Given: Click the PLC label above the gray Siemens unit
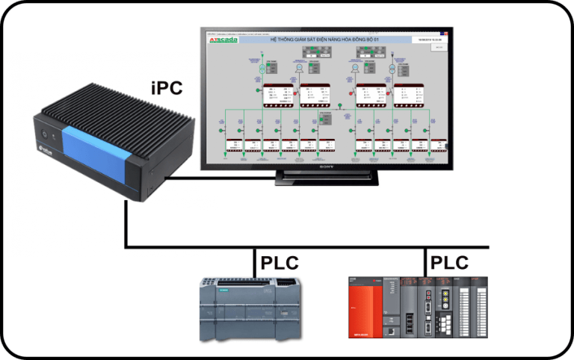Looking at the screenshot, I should tap(280, 263).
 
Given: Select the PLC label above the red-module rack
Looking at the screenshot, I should tap(449, 263).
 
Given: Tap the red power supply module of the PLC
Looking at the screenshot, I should tap(365, 308).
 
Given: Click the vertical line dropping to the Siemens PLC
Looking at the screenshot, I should tap(254, 261).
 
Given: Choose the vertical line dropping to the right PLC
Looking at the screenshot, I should tap(424, 261).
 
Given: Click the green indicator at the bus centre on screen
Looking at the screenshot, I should tap(338, 105).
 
